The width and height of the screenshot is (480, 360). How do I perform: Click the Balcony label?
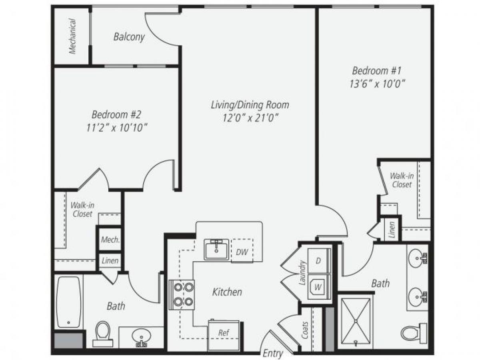click(x=129, y=37)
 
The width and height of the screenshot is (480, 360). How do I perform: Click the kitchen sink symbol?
click(x=216, y=250)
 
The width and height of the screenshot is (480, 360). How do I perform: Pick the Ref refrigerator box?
click(x=224, y=333)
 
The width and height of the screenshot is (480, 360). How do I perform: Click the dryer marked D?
click(x=318, y=261)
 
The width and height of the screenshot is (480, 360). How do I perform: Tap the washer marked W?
click(x=318, y=287)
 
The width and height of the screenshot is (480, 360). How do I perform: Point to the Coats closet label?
click(x=306, y=330)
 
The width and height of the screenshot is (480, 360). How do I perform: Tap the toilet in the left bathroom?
click(x=103, y=333)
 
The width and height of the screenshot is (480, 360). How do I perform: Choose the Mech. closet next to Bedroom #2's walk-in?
click(x=110, y=240)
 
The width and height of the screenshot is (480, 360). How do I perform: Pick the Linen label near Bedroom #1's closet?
click(x=392, y=230)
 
